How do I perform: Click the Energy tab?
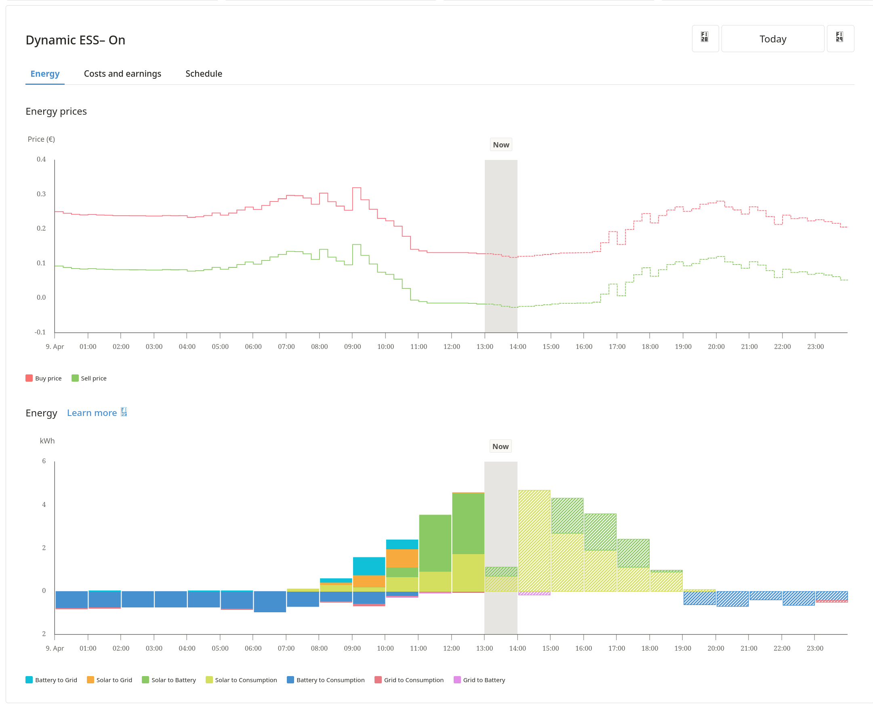tap(45, 74)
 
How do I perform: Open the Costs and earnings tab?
tap(122, 74)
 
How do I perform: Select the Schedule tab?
tap(204, 74)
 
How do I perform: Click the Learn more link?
tap(92, 413)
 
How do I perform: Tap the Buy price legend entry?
tap(44, 378)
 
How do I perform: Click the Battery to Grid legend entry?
tap(51, 680)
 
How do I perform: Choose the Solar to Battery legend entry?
tap(169, 680)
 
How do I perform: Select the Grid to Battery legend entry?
tap(480, 680)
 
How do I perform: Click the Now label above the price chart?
tap(501, 145)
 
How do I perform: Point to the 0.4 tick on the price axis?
tap(41, 159)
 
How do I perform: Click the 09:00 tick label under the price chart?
tap(352, 347)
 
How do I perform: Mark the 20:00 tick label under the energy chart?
tap(715, 649)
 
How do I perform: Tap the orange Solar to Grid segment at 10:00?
tap(402, 558)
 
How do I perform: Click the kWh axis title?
tap(47, 441)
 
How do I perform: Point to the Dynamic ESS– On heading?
tap(76, 40)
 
